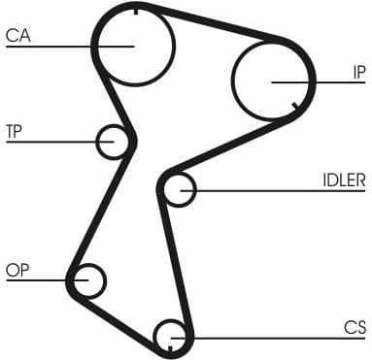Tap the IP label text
click(x=357, y=71)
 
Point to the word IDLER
click(x=344, y=180)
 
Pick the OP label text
click(x=17, y=270)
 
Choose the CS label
click(x=355, y=326)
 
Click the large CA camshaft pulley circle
click(x=134, y=44)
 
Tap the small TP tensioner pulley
click(x=114, y=142)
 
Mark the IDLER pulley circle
click(x=179, y=190)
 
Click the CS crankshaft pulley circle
click(x=172, y=336)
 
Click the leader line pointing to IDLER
click(x=272, y=191)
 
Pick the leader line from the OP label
click(x=44, y=281)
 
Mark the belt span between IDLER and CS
click(x=175, y=262)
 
